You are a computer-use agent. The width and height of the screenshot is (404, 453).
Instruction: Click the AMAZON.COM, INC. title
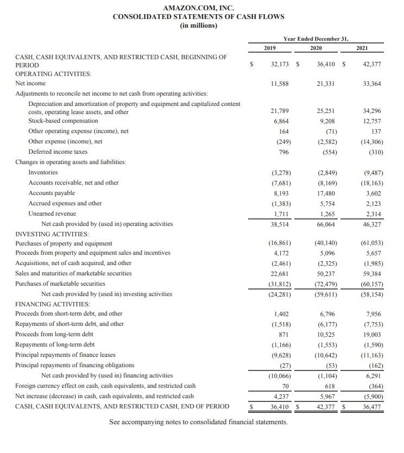point(198,8)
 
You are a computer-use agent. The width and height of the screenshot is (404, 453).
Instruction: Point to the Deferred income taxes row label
point(58,152)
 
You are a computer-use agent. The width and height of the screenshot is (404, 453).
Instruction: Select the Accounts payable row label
point(52,193)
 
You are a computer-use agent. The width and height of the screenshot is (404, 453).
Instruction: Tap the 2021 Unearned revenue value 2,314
point(373,214)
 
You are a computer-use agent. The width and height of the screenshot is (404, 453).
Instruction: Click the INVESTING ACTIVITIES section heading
point(52,234)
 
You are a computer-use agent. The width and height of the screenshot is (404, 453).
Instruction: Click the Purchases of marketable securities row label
point(60,284)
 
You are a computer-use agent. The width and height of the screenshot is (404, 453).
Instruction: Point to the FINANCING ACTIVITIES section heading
point(53,304)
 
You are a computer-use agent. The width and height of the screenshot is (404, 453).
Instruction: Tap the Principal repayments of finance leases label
point(65,355)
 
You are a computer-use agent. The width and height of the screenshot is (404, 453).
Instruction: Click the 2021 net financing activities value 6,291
point(374,375)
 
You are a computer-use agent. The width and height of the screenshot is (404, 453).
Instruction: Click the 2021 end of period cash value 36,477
point(372,406)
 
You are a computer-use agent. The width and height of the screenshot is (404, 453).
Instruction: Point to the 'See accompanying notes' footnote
point(198,422)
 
